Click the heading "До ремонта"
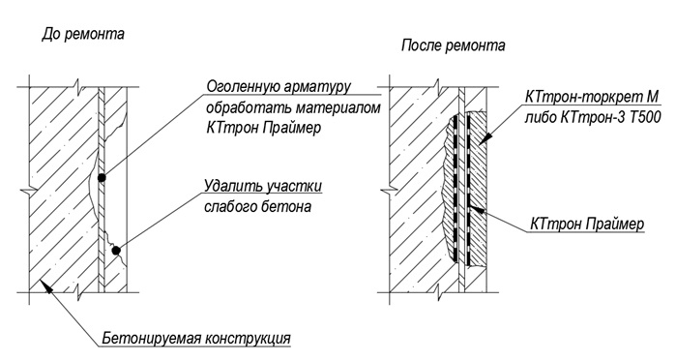pyautogui.click(x=83, y=36)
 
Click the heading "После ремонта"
pyautogui.click(x=454, y=45)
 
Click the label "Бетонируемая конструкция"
pyautogui.click(x=196, y=339)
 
